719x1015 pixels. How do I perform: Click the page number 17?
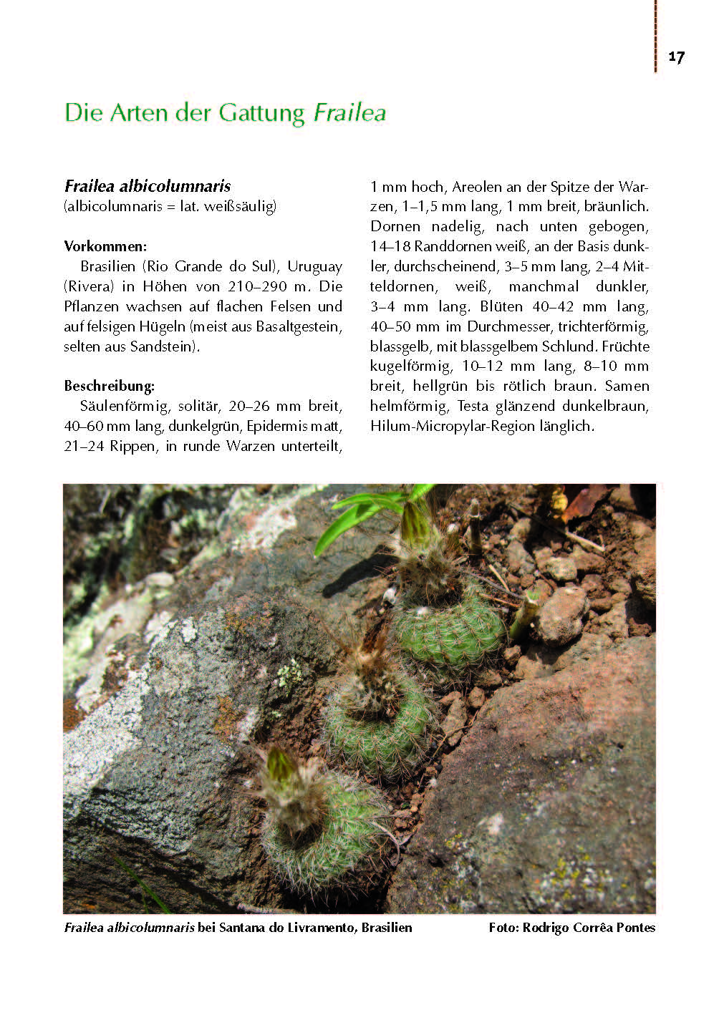pyautogui.click(x=676, y=57)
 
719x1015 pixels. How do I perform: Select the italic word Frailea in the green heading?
pyautogui.click(x=350, y=113)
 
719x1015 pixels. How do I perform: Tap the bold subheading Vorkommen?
pyautogui.click(x=105, y=246)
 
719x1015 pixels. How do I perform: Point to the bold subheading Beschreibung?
pyautogui.click(x=109, y=386)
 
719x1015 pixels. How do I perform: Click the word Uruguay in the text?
pyautogui.click(x=314, y=266)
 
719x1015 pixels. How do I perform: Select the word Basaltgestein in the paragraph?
pyautogui.click(x=297, y=326)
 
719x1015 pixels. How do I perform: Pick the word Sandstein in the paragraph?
pyautogui.click(x=163, y=346)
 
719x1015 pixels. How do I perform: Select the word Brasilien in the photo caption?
pyautogui.click(x=387, y=928)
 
